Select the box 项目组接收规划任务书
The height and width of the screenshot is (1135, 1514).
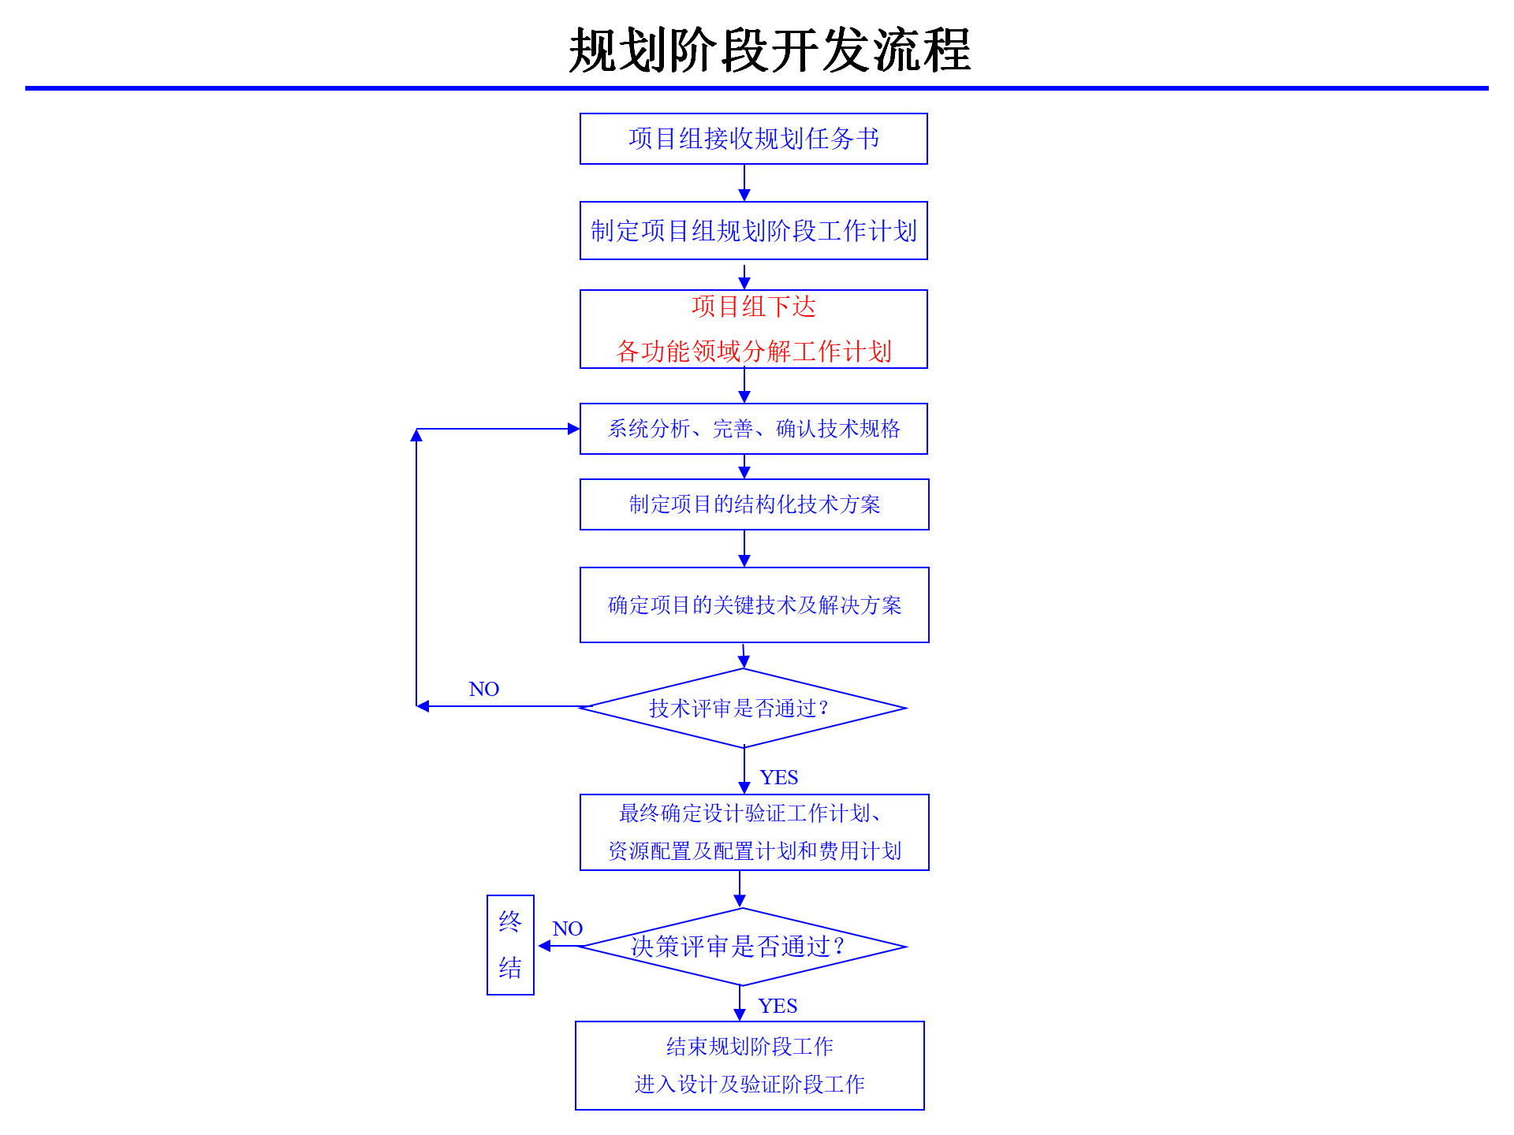pos(753,139)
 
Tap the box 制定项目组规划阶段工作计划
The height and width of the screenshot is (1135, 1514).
pos(753,231)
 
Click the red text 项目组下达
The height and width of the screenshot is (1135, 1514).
pos(753,307)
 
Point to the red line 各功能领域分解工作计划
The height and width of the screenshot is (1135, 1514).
pos(753,352)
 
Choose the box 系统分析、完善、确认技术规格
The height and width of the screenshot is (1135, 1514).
pos(753,429)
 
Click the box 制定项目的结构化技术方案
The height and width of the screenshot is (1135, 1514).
pos(754,504)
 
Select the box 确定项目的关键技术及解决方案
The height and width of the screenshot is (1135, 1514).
pos(754,605)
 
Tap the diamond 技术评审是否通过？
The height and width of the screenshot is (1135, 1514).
pos(742,709)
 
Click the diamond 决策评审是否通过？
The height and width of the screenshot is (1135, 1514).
pos(741,947)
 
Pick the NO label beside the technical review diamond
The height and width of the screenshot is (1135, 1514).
pos(483,690)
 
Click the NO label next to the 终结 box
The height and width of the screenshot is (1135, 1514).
pos(567,929)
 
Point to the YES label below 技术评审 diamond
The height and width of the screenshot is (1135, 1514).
pos(778,778)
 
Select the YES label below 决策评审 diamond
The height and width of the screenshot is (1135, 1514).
pos(778,1007)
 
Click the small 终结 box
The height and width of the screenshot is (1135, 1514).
pos(510,945)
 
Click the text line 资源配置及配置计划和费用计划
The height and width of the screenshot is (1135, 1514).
pos(754,851)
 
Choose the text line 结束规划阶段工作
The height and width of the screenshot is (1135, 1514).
pos(749,1047)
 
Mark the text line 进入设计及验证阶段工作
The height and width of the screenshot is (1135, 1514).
pos(749,1085)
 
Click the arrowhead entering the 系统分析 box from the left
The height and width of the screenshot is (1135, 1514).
pos(573,429)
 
